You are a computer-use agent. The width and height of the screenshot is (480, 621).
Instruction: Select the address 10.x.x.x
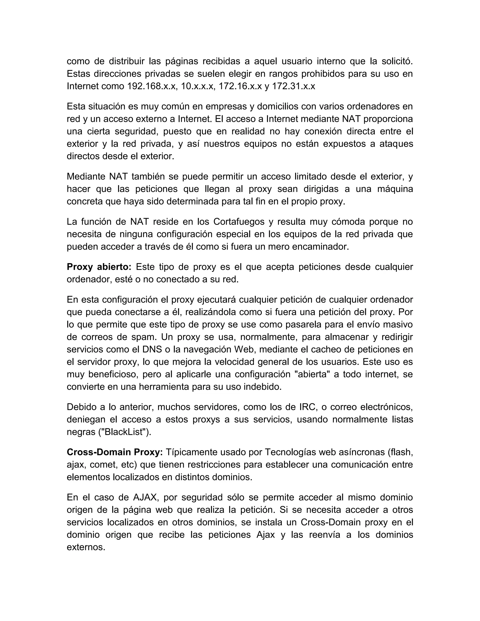click(x=197, y=86)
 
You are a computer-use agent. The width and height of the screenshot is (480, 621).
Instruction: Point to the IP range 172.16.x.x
click(x=240, y=86)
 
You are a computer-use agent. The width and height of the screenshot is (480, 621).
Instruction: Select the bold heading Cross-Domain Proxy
click(x=115, y=452)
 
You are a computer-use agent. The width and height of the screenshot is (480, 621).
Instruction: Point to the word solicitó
click(x=397, y=61)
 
